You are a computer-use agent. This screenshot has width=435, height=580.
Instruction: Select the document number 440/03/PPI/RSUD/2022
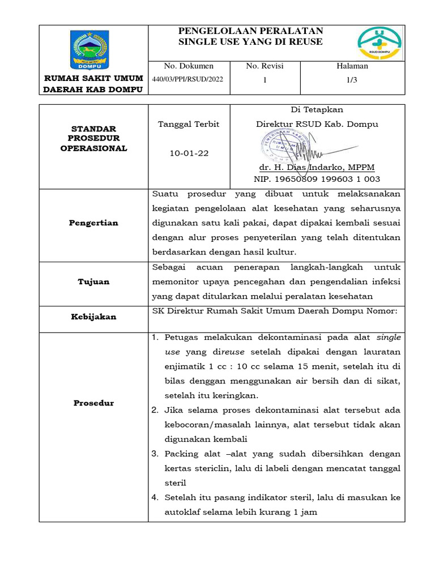187,79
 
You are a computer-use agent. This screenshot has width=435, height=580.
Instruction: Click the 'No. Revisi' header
265,66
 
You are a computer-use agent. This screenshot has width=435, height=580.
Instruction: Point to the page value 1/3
352,80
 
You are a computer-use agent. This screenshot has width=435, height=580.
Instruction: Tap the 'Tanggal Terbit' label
188,124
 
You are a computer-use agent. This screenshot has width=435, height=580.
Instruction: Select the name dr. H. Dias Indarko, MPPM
317,168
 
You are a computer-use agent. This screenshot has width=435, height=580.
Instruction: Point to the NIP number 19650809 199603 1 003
317,180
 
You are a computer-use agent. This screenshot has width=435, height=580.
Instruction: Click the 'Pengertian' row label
93,223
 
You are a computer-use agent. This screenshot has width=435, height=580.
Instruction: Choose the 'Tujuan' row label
93,282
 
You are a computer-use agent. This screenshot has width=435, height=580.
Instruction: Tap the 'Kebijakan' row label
93,317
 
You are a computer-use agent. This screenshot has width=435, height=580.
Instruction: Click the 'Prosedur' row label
93,403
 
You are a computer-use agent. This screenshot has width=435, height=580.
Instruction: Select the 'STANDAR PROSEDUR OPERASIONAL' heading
93,139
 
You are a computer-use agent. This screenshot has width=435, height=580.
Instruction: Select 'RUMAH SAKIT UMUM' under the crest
93,78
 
